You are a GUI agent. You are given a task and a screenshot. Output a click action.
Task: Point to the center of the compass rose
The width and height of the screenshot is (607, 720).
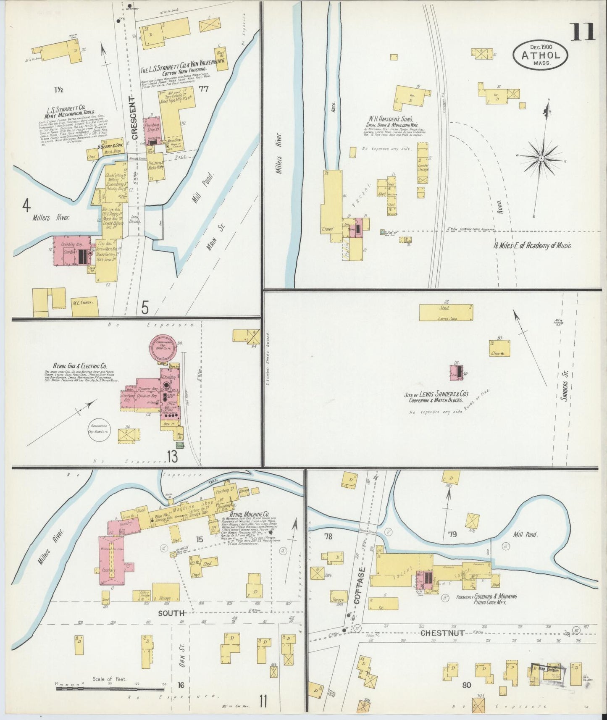point(541,158)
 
